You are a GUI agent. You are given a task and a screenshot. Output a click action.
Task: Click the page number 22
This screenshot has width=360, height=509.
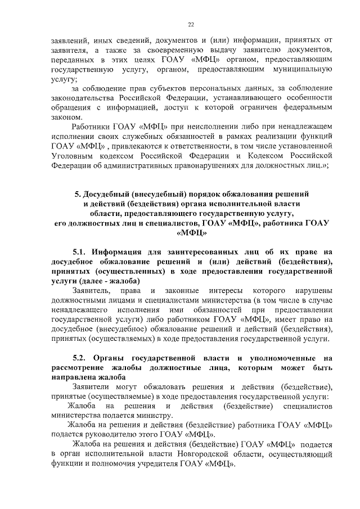point(191,25)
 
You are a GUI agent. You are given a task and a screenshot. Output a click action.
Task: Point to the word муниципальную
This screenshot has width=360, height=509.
point(301,70)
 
